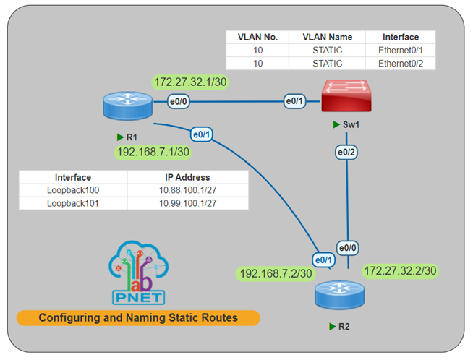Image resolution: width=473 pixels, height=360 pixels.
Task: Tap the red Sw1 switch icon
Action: (348, 96)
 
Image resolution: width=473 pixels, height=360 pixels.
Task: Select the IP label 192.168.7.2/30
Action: (276, 273)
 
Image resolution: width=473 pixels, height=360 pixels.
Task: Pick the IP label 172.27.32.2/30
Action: (401, 270)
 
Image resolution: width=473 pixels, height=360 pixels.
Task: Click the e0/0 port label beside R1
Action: (179, 102)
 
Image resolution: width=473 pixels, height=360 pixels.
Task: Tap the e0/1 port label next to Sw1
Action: (294, 102)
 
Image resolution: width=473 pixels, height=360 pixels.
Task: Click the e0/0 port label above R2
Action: (348, 248)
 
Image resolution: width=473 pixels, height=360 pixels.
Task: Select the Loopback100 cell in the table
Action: (73, 190)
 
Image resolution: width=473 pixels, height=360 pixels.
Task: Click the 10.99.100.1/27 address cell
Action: (187, 203)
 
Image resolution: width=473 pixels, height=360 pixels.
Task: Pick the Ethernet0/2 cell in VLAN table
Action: (401, 63)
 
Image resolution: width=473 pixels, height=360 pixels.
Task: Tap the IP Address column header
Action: (187, 177)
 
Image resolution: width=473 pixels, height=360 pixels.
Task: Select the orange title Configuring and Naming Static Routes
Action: (138, 317)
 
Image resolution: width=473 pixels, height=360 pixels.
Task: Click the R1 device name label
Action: (131, 137)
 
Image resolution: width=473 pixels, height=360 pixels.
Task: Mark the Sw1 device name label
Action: (351, 124)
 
